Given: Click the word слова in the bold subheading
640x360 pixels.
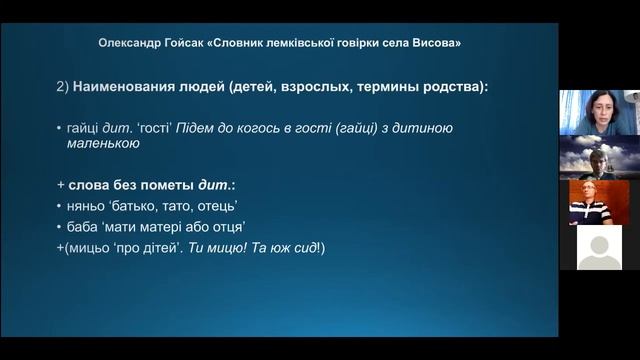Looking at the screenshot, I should click(x=91, y=186).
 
